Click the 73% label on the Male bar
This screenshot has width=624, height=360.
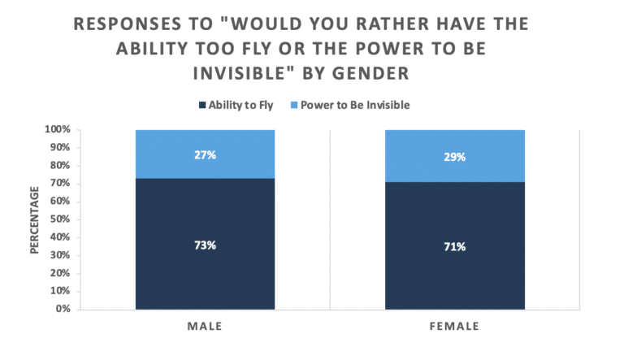click(x=205, y=245)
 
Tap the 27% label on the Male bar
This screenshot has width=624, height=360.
click(x=205, y=155)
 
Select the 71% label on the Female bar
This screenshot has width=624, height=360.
click(x=454, y=247)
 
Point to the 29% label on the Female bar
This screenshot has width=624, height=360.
click(x=454, y=157)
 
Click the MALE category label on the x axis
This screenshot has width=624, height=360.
click(x=205, y=327)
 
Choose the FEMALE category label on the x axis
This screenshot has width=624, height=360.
click(x=454, y=327)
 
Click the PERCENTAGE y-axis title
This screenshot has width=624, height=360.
click(x=35, y=220)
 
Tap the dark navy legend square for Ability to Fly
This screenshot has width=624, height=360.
click(x=202, y=105)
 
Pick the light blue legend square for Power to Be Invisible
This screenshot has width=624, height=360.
click(x=294, y=105)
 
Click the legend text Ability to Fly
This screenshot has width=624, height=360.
click(x=240, y=105)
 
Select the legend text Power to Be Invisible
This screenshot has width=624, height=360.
click(x=355, y=105)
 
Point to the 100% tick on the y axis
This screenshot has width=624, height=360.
click(x=58, y=129)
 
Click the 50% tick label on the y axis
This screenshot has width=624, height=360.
click(x=60, y=219)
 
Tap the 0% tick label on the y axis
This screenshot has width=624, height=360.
click(x=63, y=309)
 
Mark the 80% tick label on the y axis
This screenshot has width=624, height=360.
click(x=60, y=165)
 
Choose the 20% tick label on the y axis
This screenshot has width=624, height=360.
click(x=60, y=273)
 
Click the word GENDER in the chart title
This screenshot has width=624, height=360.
click(x=370, y=73)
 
